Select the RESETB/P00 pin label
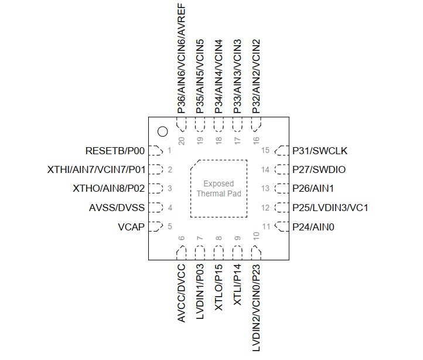115,151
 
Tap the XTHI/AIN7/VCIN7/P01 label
96,169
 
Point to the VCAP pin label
131,227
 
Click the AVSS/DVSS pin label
117,208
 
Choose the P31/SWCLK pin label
320,151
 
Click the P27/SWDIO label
319,169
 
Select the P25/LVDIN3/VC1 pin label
330,208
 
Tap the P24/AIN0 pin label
313,227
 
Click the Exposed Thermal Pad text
219,189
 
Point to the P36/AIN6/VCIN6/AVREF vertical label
181,58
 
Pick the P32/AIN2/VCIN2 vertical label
256,76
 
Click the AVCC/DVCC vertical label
181,293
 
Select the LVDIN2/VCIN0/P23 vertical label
256,308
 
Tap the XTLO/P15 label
219,287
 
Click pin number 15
265,151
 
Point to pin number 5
170,226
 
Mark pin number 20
181,141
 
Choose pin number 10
256,236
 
